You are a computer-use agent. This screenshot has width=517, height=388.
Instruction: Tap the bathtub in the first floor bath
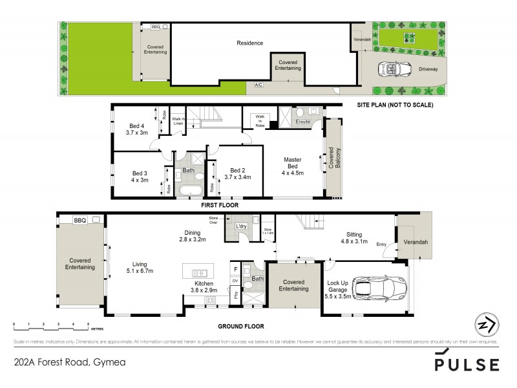coord(188,191)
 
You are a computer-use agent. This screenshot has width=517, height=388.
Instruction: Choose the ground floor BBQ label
coord(79,221)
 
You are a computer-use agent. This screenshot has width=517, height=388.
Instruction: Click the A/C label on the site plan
coord(259,85)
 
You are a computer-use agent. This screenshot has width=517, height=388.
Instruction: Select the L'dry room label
coord(242,226)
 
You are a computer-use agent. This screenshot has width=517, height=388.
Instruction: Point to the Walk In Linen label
coord(178,121)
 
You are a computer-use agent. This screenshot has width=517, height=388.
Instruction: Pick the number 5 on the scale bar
coord(89,323)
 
